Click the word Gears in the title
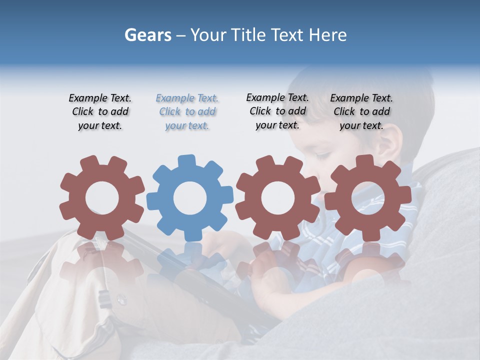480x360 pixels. [x=147, y=35]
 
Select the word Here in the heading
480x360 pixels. [x=328, y=35]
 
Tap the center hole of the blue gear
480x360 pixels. [x=189, y=198]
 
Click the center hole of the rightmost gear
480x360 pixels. [x=368, y=198]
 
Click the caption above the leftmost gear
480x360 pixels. [x=100, y=112]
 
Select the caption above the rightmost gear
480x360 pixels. [x=361, y=112]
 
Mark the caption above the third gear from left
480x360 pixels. [x=277, y=111]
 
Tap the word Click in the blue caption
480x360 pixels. [x=169, y=112]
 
